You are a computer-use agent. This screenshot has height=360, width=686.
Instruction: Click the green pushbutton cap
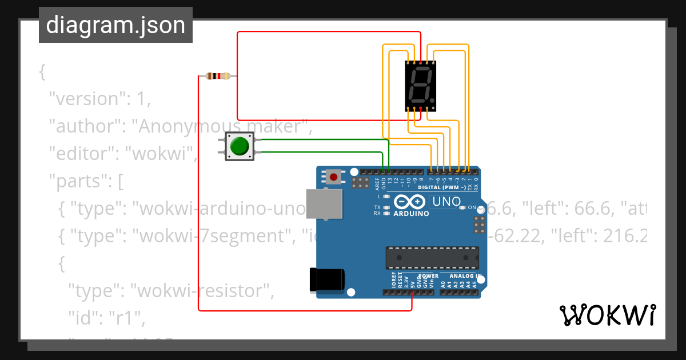[240, 146]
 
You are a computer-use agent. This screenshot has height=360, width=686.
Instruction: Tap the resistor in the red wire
[218, 76]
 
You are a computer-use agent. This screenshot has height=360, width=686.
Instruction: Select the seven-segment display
[420, 86]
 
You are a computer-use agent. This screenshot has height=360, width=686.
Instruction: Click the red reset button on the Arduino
[333, 177]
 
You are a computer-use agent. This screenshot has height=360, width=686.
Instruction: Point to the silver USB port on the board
[324, 204]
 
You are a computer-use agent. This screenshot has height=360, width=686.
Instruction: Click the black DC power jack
[326, 279]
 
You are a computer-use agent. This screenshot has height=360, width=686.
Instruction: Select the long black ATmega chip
[432, 258]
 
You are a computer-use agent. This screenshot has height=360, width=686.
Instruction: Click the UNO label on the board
[446, 201]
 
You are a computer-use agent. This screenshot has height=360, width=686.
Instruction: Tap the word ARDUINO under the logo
[411, 214]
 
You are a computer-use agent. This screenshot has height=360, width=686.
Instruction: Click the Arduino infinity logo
[409, 202]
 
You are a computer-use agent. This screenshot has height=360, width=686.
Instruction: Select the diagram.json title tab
[115, 25]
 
